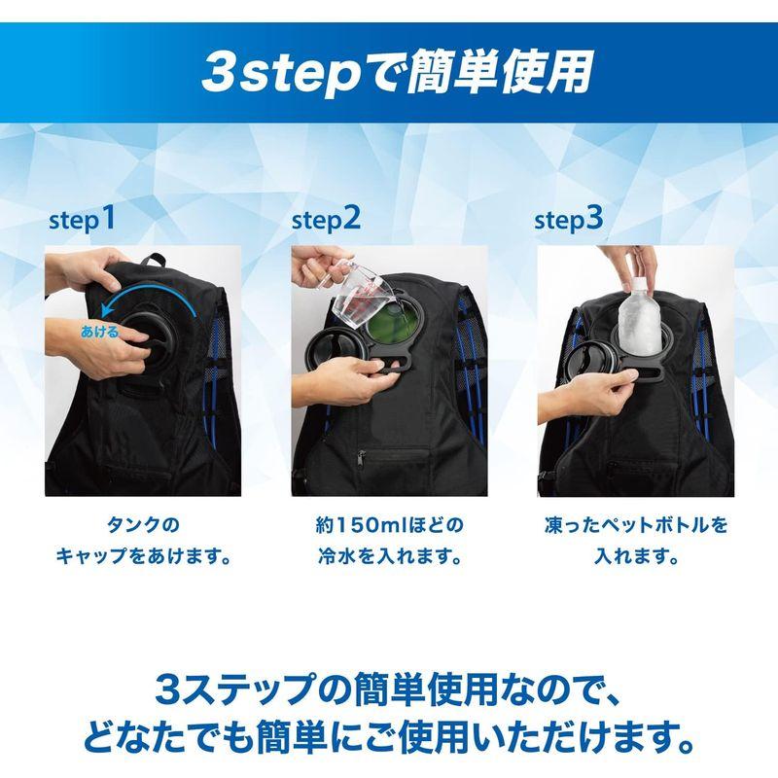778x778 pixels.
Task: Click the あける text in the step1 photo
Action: pos(100,332)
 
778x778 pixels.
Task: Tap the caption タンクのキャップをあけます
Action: pos(143,543)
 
